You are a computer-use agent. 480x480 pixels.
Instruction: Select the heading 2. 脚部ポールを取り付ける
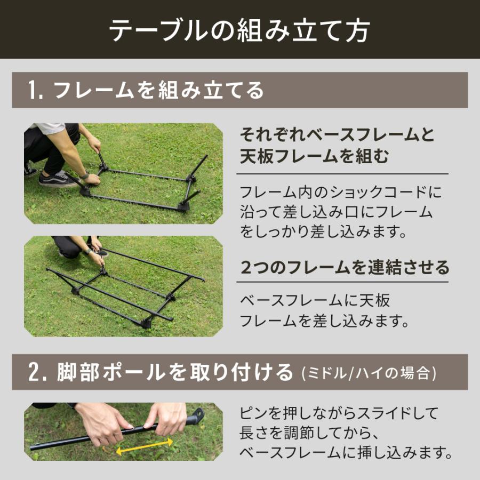point(160,372)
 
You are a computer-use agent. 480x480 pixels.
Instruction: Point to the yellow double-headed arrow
point(145,446)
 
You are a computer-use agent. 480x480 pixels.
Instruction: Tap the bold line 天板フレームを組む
point(314,157)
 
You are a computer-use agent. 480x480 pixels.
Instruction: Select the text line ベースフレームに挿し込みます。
point(347,453)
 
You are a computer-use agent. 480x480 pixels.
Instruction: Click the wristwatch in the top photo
point(84,175)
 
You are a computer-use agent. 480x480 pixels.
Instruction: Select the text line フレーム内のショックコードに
point(341,192)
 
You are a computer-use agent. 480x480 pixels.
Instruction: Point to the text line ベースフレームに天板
point(315,301)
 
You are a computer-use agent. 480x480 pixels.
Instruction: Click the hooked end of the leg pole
point(197,415)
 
